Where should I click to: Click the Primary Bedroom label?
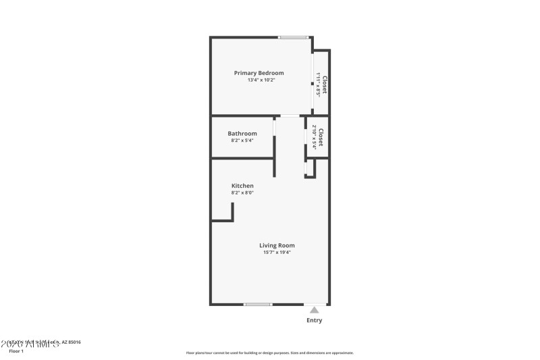(x=259, y=73)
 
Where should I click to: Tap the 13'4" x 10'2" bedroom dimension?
(x=261, y=80)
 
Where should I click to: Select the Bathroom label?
(x=242, y=134)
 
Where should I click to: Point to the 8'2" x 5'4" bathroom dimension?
(x=242, y=140)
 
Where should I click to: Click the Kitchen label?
(x=242, y=186)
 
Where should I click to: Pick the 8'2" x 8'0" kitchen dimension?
(x=242, y=192)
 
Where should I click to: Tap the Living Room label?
(x=277, y=245)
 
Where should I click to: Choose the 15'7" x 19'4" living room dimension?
(x=277, y=253)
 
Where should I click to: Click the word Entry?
(x=315, y=320)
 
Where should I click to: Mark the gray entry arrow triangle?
(x=314, y=309)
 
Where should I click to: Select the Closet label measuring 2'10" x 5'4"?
(x=321, y=137)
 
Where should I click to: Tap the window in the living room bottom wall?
(x=259, y=305)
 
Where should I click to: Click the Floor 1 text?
(x=16, y=351)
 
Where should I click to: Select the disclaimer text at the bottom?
(x=269, y=353)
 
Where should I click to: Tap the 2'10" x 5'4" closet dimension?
(x=314, y=137)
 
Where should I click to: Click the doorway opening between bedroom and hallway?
(x=290, y=116)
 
